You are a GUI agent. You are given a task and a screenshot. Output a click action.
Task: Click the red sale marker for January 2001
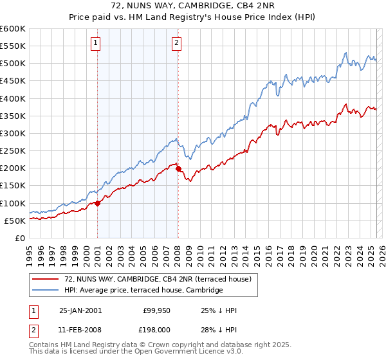coord(97,203)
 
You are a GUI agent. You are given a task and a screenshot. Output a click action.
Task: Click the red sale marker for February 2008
coord(178,169)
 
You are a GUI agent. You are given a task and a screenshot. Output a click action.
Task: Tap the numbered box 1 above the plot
coord(95,43)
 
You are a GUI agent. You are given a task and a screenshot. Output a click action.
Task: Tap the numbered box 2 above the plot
coord(176,43)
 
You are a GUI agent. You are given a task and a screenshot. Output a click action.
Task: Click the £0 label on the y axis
coord(21,238)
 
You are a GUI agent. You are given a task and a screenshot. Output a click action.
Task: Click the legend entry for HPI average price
coord(143,291)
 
